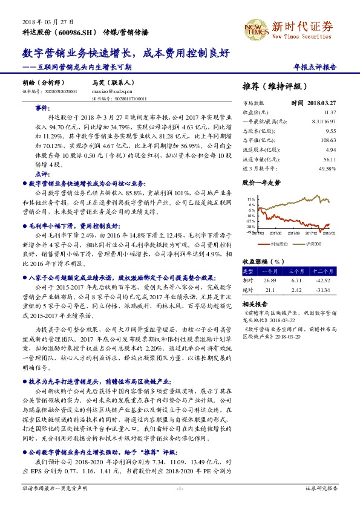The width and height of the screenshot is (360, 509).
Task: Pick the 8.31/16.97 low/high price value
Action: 324,121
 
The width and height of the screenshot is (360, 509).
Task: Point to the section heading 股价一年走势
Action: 261,181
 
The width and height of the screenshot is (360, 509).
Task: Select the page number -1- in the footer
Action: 180,488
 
